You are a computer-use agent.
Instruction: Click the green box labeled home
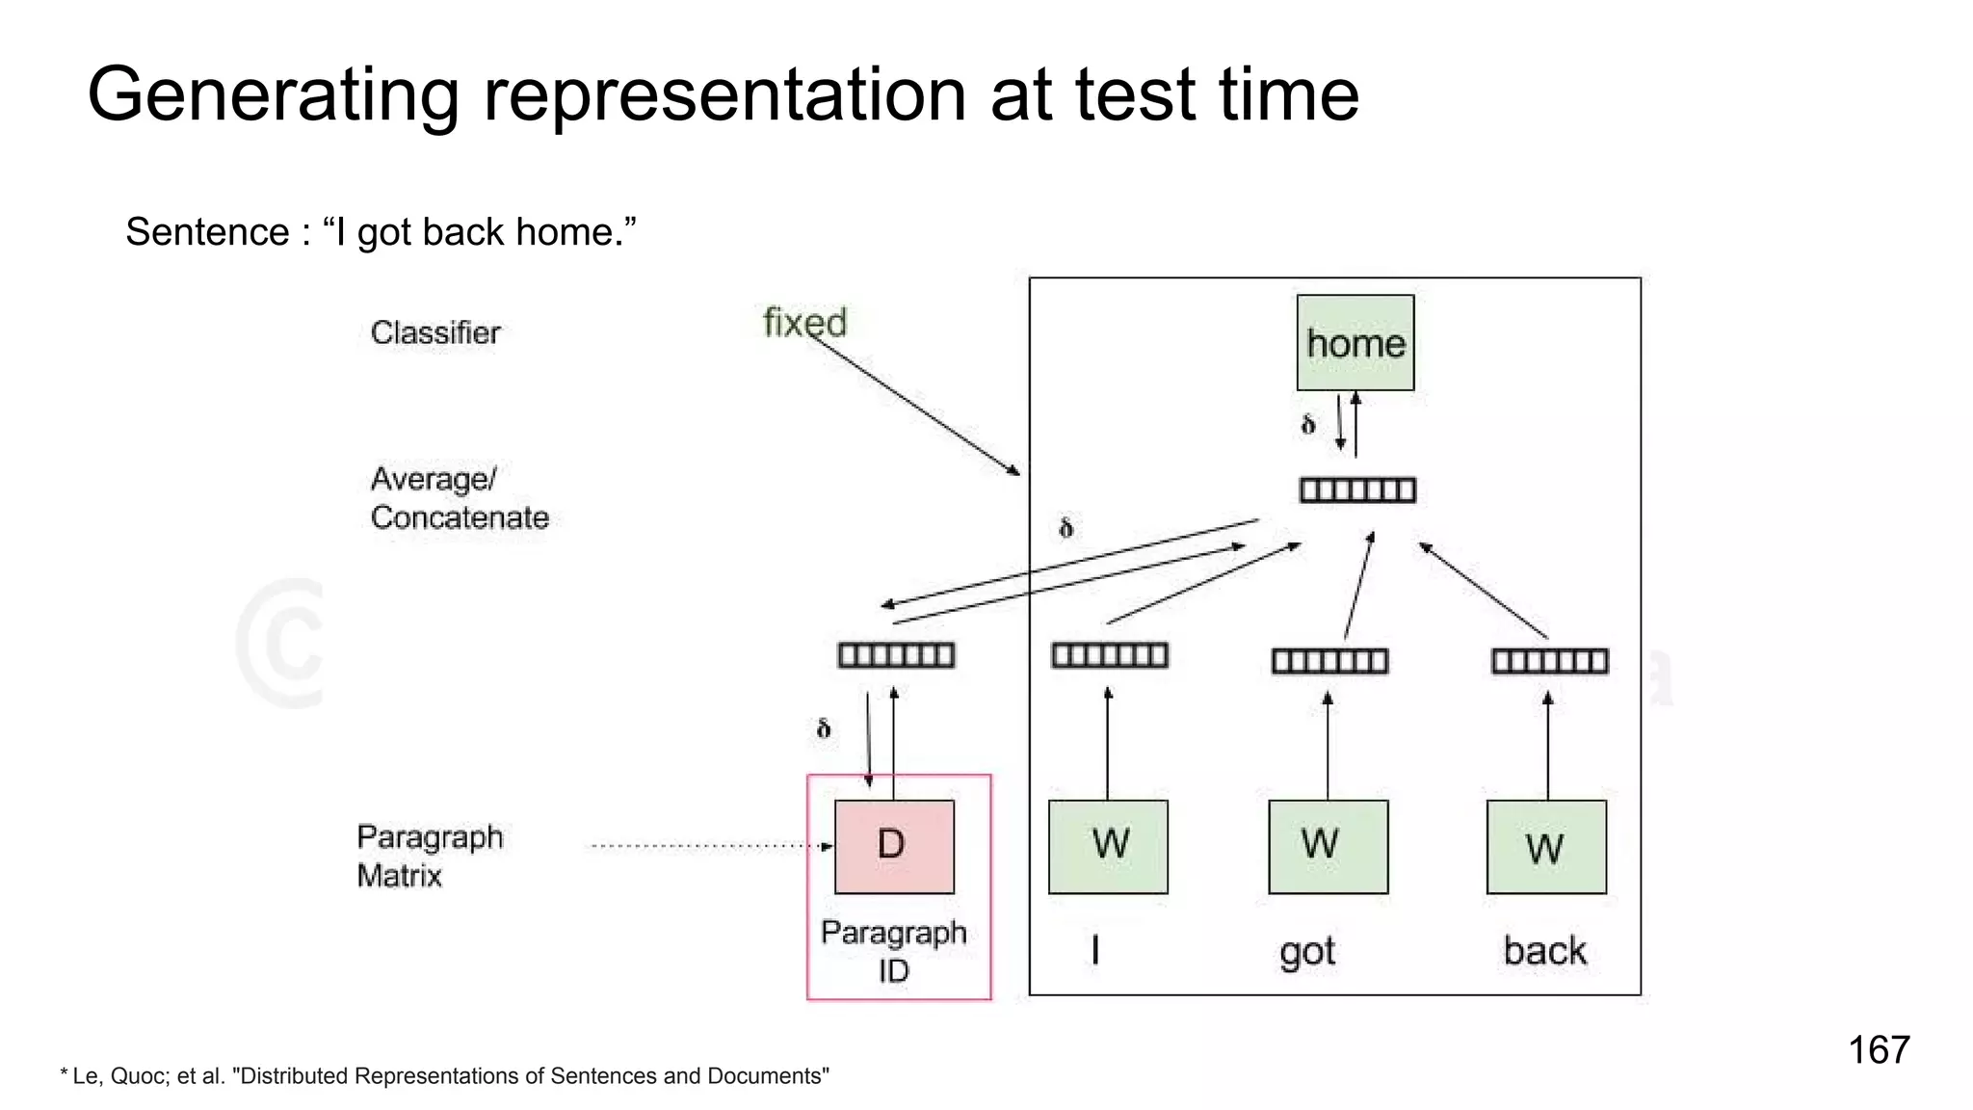tap(1355, 342)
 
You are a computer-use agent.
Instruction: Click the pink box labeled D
tap(894, 846)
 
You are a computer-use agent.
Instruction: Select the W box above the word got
tap(1328, 846)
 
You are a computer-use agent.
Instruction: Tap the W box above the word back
tap(1546, 846)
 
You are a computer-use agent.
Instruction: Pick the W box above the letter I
tap(1108, 846)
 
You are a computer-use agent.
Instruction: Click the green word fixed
tap(804, 322)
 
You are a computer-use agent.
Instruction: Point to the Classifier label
tap(435, 332)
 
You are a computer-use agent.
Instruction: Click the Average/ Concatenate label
tap(459, 498)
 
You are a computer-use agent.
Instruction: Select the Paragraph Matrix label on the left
tap(429, 856)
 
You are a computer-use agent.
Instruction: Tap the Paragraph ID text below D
tap(893, 951)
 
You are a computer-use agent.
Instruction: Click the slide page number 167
tap(1878, 1049)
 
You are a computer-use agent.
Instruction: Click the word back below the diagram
tap(1544, 951)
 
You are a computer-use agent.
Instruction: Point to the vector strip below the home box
tap(1356, 490)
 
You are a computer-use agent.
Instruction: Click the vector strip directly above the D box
tap(896, 656)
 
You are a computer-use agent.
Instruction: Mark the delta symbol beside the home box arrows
tap(1307, 424)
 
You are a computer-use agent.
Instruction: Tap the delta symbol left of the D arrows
tap(823, 728)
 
